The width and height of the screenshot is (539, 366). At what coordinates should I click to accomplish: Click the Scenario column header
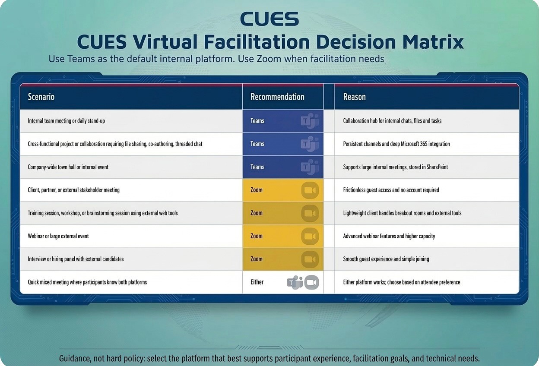pyautogui.click(x=41, y=97)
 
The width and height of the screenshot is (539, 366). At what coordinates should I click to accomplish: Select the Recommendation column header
pyautogui.click(x=277, y=97)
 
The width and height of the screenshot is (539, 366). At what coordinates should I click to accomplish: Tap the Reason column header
pyautogui.click(x=354, y=97)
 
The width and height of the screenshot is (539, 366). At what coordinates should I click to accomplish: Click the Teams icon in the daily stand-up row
pyautogui.click(x=310, y=121)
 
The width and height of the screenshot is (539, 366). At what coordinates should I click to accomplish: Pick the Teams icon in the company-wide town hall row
pyautogui.click(x=310, y=167)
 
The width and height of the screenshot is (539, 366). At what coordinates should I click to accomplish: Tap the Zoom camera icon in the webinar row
pyautogui.click(x=310, y=236)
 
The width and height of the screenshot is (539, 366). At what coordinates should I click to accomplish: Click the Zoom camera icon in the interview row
pyautogui.click(x=310, y=259)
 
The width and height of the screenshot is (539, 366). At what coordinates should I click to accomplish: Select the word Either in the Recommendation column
pyautogui.click(x=257, y=282)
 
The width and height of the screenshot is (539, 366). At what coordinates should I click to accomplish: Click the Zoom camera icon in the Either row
pyautogui.click(x=311, y=282)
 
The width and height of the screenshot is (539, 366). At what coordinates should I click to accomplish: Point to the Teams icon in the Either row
pyautogui.click(x=295, y=282)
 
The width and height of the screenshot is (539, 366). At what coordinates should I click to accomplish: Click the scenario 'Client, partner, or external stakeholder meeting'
pyautogui.click(x=73, y=190)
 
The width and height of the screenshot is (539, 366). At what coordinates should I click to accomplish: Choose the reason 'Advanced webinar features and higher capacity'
pyautogui.click(x=389, y=236)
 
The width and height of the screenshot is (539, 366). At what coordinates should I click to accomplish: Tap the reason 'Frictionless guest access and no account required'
pyautogui.click(x=391, y=190)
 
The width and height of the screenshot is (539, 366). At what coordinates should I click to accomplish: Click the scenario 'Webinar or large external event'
pyautogui.click(x=58, y=236)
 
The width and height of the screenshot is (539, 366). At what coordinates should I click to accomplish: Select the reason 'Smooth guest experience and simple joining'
pyautogui.click(x=386, y=259)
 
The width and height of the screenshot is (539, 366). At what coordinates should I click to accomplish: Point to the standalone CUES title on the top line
pyautogui.click(x=269, y=19)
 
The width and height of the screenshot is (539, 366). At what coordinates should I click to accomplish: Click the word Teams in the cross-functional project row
pyautogui.click(x=257, y=144)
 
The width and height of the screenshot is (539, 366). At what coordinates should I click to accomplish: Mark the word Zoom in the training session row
pyautogui.click(x=257, y=213)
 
